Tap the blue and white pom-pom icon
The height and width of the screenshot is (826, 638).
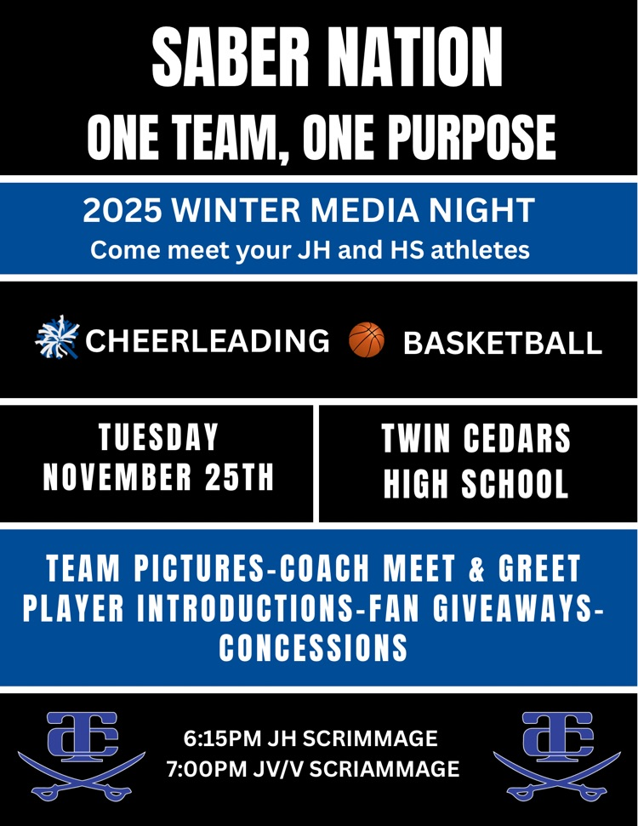(58, 339)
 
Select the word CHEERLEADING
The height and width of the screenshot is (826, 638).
(208, 340)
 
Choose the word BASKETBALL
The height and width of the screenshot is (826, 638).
(502, 343)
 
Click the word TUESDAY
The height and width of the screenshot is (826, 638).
(159, 439)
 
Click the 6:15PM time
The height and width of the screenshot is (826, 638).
(219, 736)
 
